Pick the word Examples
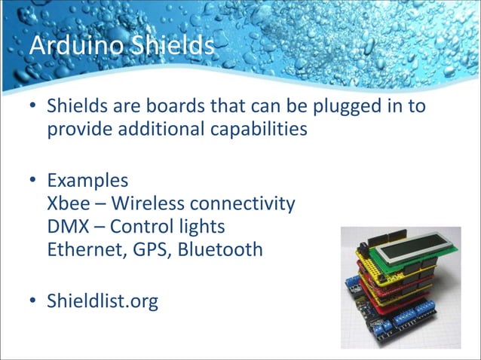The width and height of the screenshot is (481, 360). click(87, 182)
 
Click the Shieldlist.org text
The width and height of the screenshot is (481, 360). click(103, 303)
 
